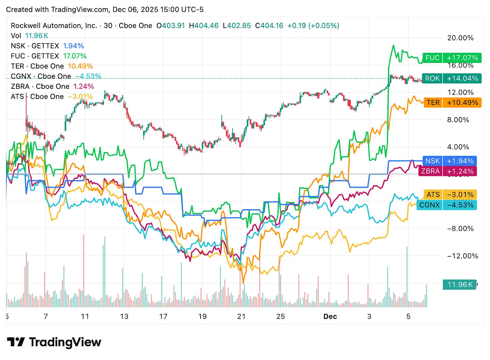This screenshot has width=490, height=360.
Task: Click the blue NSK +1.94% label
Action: pos(449,161)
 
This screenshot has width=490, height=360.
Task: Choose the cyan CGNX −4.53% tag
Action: pos(447,205)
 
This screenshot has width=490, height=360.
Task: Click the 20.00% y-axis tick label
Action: pos(460,38)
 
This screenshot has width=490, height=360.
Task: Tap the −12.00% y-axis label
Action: pos(462,256)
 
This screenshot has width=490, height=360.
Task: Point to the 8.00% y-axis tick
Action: pos(458,120)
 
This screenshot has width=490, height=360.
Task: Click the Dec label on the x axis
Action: pos(330,316)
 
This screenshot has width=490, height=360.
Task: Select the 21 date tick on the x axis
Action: pos(241,316)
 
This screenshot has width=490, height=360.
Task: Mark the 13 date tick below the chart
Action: pos(124,316)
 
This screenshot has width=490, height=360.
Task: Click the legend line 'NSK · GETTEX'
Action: pos(35,46)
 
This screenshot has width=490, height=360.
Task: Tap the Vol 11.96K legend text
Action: pos(30,36)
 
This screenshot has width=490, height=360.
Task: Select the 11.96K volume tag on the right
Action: pos(460,285)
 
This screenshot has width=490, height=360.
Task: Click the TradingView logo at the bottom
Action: pos(54,342)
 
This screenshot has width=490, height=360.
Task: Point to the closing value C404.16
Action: pos(269,26)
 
